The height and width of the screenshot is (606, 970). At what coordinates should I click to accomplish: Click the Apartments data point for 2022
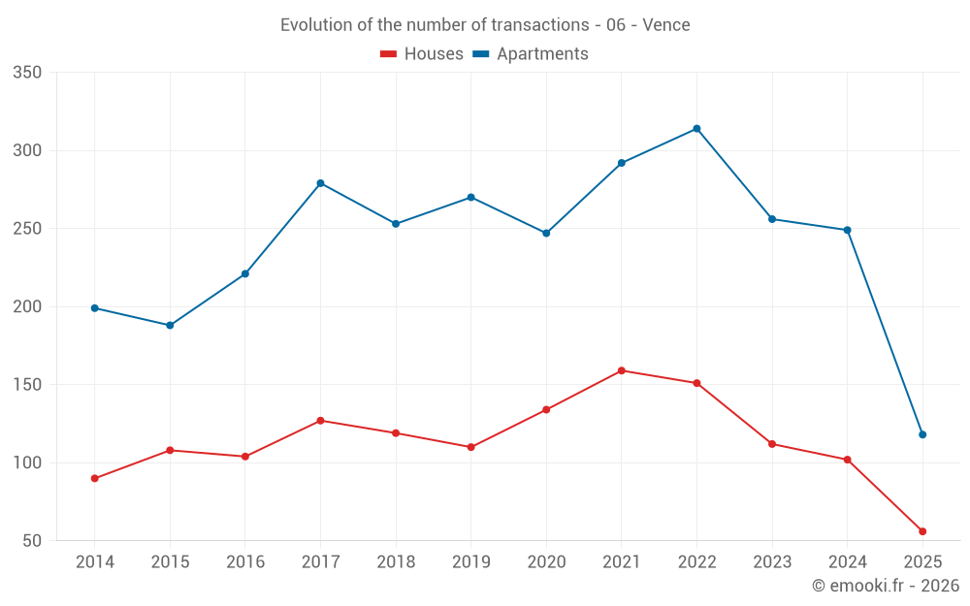(x=696, y=129)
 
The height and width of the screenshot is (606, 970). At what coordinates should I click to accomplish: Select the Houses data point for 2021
(x=622, y=370)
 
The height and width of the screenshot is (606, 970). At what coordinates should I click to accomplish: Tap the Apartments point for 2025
(x=922, y=434)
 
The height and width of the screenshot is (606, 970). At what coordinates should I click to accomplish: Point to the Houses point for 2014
(x=95, y=478)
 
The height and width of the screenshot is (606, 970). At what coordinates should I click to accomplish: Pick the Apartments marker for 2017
(x=320, y=183)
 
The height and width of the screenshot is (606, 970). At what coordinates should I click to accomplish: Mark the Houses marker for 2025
(x=922, y=531)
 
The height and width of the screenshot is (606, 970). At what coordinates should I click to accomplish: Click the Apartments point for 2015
(x=170, y=325)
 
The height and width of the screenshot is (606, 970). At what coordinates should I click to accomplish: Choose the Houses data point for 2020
(x=546, y=409)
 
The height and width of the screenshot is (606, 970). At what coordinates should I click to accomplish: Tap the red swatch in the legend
(x=389, y=54)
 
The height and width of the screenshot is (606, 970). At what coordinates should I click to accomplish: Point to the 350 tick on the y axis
(x=27, y=73)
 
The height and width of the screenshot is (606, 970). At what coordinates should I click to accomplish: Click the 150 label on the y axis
(x=27, y=385)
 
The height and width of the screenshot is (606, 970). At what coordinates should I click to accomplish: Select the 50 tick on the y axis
(x=32, y=541)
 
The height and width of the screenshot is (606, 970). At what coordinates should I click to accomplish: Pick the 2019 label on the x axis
(x=470, y=562)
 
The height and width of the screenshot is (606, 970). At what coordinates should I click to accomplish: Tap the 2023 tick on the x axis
(x=772, y=562)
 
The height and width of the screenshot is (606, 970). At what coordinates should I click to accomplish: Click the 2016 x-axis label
(x=245, y=562)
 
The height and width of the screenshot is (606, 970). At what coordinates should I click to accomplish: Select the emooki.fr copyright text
(x=886, y=586)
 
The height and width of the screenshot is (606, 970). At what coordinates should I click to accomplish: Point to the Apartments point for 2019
(x=470, y=197)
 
